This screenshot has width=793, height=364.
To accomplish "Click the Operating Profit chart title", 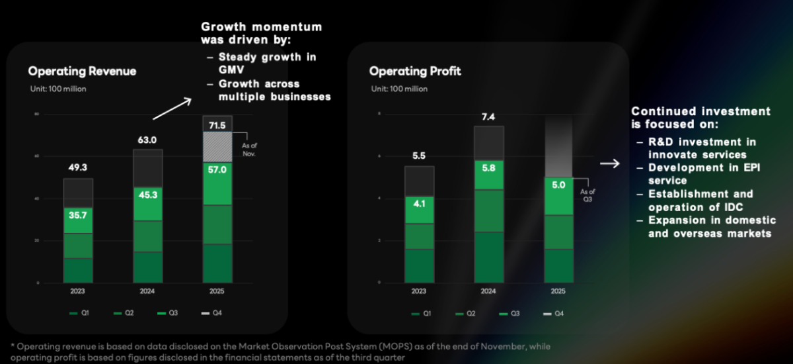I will pos(415,71).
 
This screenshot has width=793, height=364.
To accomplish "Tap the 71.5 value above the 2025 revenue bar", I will pos(217,125).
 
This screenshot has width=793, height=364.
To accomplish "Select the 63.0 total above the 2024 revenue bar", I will pos(147,140).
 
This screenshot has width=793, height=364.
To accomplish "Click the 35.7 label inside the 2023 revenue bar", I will pos(78,215).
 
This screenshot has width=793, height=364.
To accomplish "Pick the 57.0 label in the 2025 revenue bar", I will pos(217,170).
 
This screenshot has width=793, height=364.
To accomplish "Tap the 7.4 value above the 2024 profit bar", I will pos(488,117).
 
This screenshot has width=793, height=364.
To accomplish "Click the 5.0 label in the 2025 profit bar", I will pos(558,185).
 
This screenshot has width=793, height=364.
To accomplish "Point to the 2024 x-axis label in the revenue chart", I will pos(147,291).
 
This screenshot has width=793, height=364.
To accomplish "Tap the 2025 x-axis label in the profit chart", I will pos(558,291).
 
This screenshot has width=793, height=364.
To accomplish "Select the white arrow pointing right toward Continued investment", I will pos(609,163).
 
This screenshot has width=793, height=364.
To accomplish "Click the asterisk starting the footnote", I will pos(13,347).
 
